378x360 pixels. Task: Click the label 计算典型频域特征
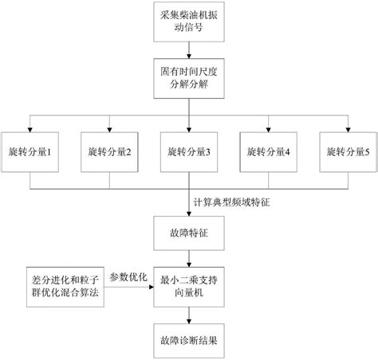(236, 202)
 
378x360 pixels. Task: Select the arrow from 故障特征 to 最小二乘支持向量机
(189, 260)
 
